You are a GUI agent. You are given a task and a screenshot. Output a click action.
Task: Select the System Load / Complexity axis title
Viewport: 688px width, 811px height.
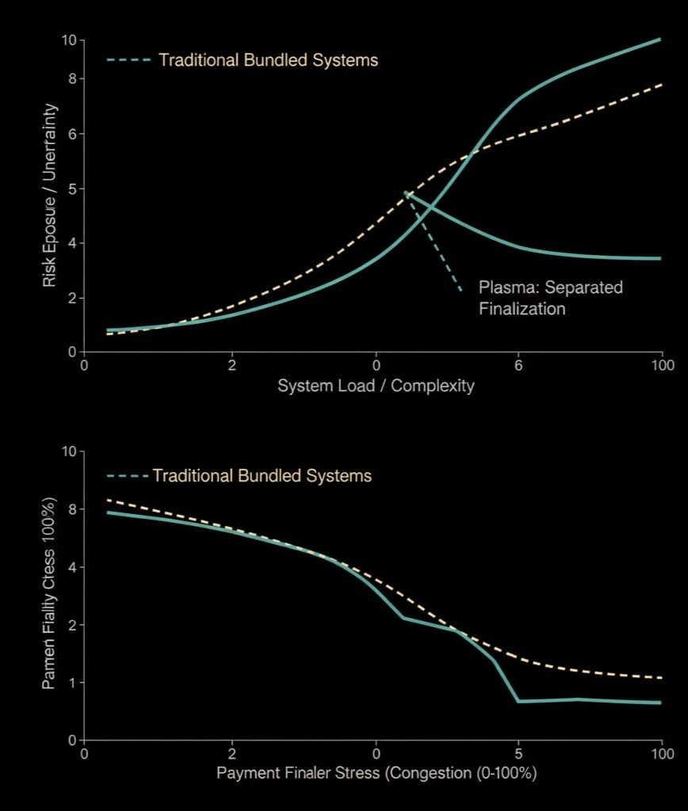376,386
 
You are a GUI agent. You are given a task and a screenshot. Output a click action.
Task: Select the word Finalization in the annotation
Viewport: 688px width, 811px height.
522,308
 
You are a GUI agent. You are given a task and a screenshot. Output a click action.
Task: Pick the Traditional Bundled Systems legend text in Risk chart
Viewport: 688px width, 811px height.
268,59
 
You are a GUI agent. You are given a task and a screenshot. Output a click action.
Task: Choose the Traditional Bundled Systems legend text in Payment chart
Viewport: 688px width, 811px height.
262,476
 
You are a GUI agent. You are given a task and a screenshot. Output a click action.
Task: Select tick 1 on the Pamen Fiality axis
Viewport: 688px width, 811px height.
71,682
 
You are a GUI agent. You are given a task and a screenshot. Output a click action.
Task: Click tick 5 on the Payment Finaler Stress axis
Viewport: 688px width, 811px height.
518,752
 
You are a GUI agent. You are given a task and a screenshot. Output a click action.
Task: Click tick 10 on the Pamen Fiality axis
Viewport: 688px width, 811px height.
69,451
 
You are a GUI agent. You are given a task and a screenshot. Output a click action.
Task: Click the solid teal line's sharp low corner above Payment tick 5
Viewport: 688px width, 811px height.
518,701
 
